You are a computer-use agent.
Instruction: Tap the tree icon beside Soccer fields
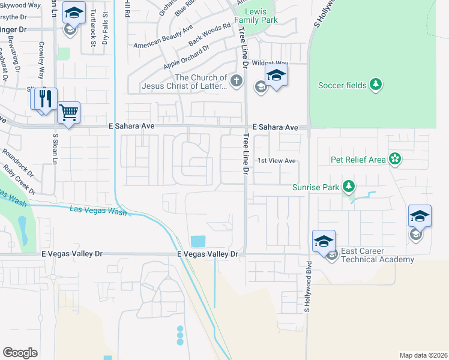tap(376, 85)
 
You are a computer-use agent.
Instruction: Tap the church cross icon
tap(237, 81)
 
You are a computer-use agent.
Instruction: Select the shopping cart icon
tap(69, 112)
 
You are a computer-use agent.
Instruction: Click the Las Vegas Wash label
tap(98, 210)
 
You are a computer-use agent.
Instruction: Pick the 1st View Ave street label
tap(277, 161)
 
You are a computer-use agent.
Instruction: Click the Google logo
tap(20, 352)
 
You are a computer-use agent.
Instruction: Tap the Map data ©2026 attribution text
tap(423, 355)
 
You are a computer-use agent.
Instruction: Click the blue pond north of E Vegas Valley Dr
tap(197, 241)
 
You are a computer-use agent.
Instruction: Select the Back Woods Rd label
tap(209, 35)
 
